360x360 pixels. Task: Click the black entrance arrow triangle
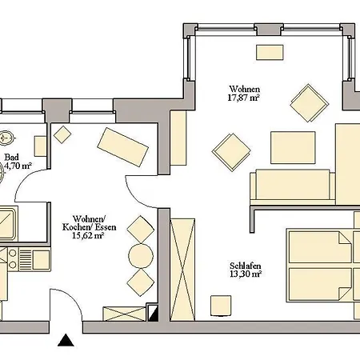pos(66,341)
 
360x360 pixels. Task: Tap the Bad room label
pos(12,157)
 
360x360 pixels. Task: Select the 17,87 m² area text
pos(243,98)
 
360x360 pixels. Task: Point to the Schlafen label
pos(245,266)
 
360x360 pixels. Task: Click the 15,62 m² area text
pos(88,235)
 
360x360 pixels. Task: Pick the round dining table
pos(141,256)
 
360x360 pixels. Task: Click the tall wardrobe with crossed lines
pos(182,270)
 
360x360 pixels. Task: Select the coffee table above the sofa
pos(293,147)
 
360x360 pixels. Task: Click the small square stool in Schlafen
pos(221,306)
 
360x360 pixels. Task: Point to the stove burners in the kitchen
pos(12,258)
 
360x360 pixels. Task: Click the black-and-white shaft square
pos(153,312)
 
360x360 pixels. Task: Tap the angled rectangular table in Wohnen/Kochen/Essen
pos(123,147)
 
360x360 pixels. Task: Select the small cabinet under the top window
pos(270,52)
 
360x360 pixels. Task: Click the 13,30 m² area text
pos(246,274)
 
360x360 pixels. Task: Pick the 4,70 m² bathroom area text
pos(18,166)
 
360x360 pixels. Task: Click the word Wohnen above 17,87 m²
pos(245,89)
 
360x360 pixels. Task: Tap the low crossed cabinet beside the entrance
pos(125,314)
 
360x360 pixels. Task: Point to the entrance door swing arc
pos(70,297)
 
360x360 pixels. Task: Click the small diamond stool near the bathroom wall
pos(62,134)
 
